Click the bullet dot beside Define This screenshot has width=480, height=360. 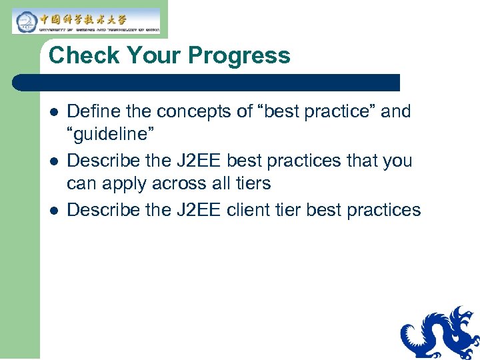(x=54, y=112)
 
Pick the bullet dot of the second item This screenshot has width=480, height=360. (x=54, y=161)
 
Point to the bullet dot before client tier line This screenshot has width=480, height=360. (x=54, y=211)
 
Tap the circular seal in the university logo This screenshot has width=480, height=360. (x=25, y=21)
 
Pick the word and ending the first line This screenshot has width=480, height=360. (x=396, y=111)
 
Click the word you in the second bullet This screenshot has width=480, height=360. (x=397, y=161)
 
